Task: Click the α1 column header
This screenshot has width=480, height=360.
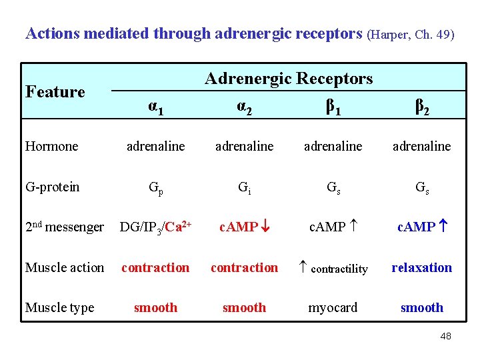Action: tap(155, 106)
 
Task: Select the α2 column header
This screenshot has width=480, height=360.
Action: tap(244, 106)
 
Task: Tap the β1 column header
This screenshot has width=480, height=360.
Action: tap(333, 106)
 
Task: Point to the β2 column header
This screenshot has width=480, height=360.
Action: tap(421, 106)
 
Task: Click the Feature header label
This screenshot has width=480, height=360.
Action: tap(55, 92)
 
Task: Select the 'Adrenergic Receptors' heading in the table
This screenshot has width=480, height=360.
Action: tap(289, 79)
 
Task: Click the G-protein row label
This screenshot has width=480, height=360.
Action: tap(52, 187)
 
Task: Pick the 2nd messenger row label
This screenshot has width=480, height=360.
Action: tap(65, 227)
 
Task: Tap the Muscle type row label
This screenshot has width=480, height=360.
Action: tap(59, 307)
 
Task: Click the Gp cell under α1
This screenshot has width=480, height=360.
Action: tap(155, 187)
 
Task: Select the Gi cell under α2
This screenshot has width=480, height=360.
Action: tap(244, 187)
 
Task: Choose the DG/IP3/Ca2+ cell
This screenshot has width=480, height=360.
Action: tap(156, 227)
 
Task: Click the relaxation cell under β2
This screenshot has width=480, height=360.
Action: tap(421, 267)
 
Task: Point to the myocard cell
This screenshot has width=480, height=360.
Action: tap(333, 307)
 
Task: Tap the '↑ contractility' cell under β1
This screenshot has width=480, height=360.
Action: tap(333, 268)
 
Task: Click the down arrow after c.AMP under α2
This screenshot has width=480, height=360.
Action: tap(265, 227)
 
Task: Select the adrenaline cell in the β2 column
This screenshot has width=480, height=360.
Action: tap(421, 146)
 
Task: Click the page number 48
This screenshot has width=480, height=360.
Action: tap(445, 336)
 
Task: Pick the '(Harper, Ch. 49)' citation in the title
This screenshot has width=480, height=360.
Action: tap(411, 34)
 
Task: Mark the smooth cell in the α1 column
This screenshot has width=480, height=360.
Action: tap(155, 307)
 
